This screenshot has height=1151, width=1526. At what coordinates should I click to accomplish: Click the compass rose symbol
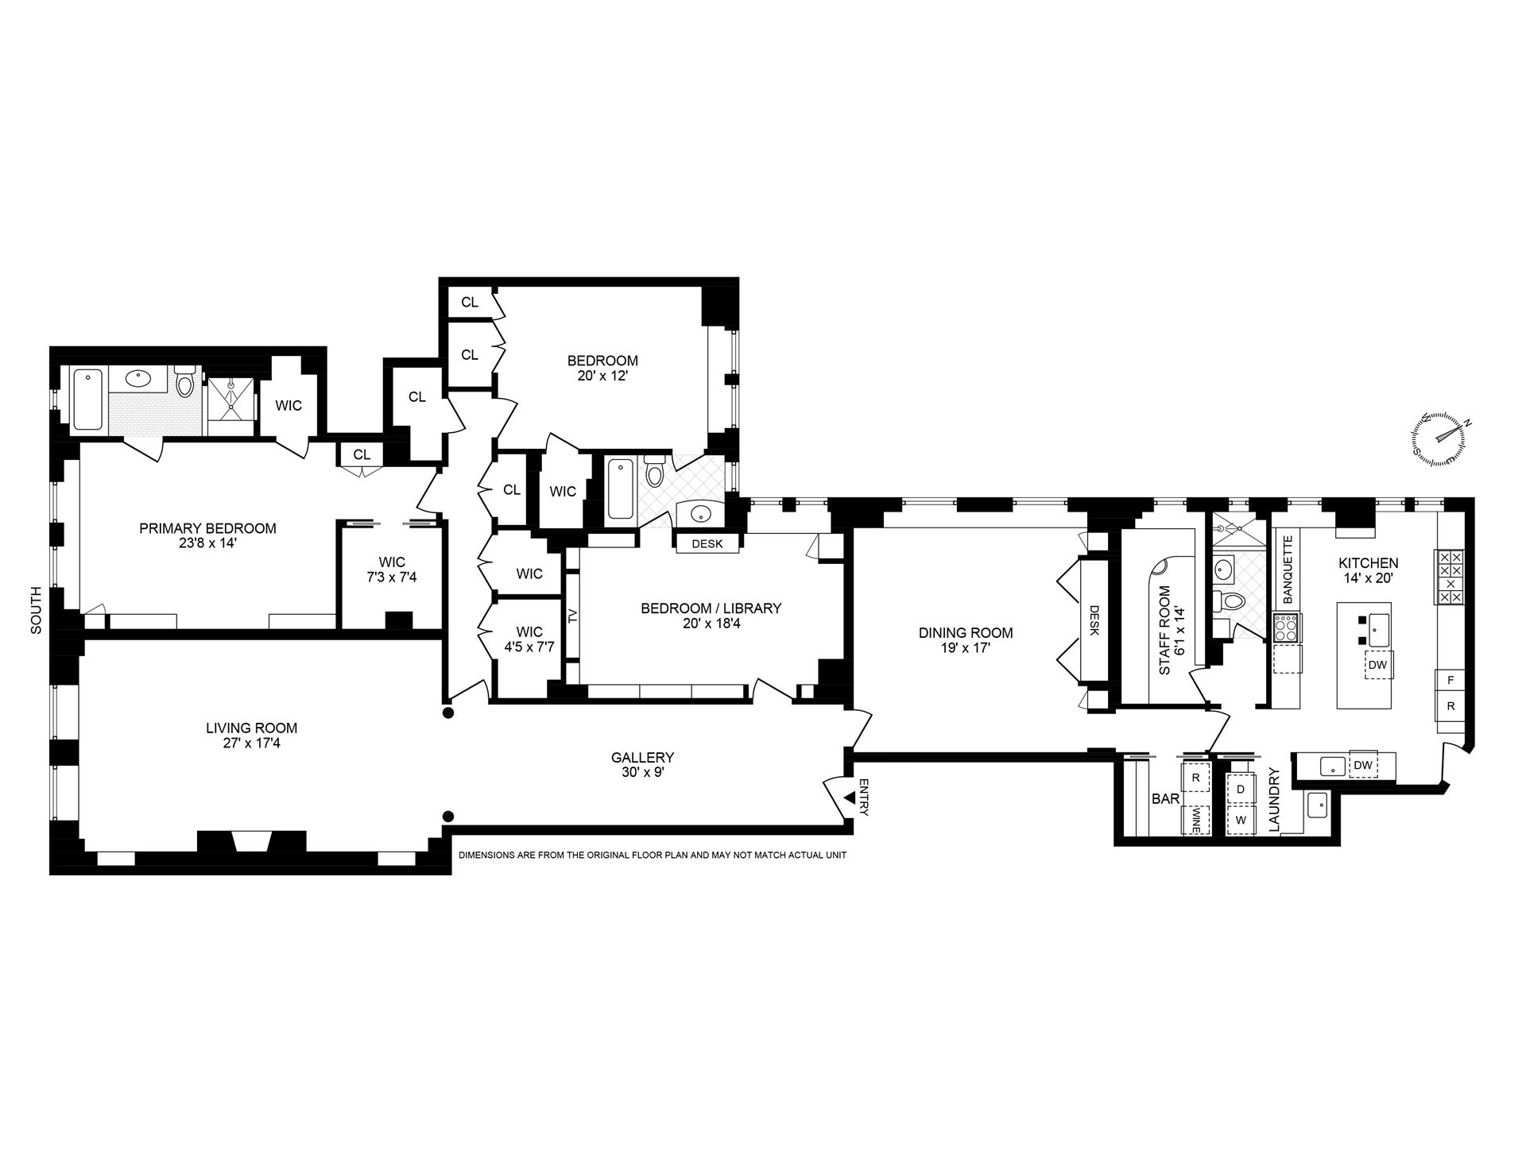tap(1440, 439)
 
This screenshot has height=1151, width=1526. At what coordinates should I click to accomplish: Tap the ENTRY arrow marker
tap(850, 797)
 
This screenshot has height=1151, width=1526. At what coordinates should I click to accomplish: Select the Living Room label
tap(251, 728)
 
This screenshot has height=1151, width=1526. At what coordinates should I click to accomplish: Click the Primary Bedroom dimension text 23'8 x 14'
tap(207, 543)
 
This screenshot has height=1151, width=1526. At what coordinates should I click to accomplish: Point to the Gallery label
tap(642, 758)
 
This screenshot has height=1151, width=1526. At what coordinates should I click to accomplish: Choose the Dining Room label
tap(966, 633)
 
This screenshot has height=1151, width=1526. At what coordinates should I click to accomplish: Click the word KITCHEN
tap(1368, 563)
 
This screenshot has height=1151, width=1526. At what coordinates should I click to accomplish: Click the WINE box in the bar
tap(1196, 820)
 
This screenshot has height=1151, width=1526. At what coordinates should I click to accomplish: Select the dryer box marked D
tap(1241, 790)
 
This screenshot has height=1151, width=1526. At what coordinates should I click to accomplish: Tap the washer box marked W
tap(1241, 820)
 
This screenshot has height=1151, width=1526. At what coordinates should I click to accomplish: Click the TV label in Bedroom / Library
tap(571, 615)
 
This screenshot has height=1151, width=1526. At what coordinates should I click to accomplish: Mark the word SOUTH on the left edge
tap(37, 610)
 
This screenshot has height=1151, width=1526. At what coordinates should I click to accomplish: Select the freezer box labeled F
tap(1450, 680)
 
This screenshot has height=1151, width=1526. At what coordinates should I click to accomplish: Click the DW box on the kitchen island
tap(1378, 665)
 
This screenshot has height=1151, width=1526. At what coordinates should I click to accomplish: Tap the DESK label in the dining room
tap(1094, 621)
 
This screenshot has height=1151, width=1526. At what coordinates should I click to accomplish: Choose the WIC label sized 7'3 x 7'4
tap(392, 570)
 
